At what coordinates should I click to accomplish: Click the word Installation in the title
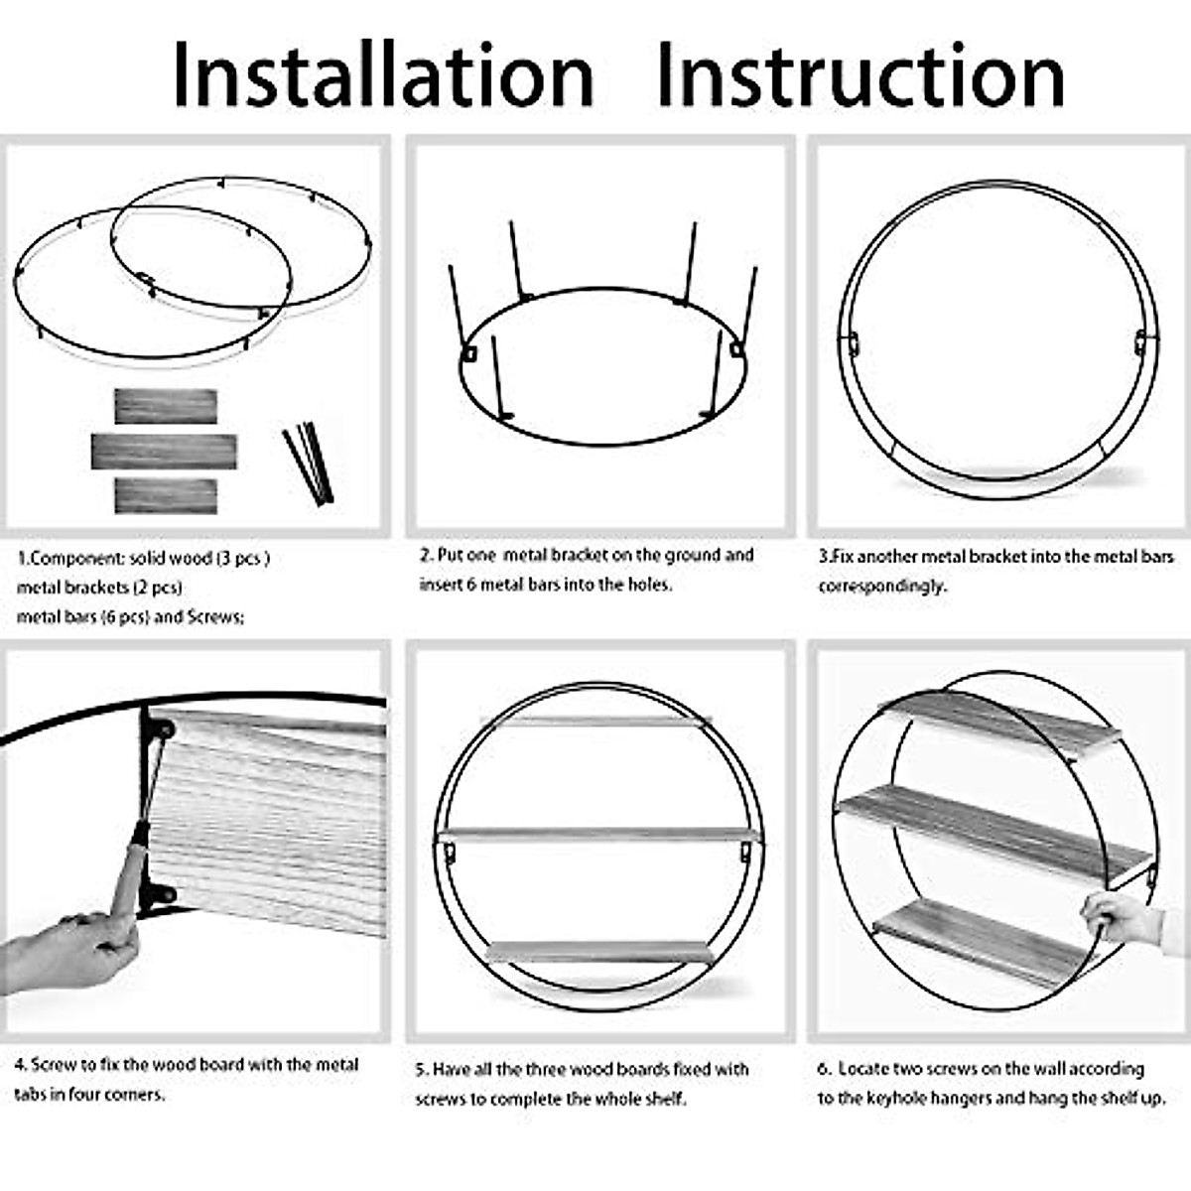(x=383, y=75)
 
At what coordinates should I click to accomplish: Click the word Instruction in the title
(x=860, y=75)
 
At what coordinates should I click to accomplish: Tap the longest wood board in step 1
(x=164, y=452)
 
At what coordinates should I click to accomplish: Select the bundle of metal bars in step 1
(x=309, y=463)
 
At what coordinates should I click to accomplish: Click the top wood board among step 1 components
(x=166, y=406)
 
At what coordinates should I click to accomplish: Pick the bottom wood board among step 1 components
(x=166, y=495)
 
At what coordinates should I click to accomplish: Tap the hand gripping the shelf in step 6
(x=1122, y=918)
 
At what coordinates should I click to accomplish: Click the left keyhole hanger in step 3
(x=852, y=342)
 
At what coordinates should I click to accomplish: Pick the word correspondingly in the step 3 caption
(x=880, y=586)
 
